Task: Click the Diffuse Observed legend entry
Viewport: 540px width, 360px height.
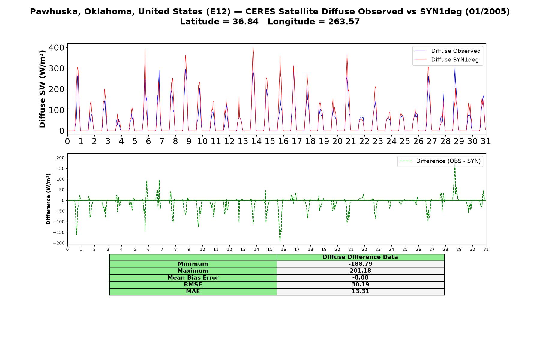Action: click(x=448, y=51)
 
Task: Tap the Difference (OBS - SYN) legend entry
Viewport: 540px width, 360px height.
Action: click(x=440, y=161)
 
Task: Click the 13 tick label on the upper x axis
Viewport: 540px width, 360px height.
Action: click(x=243, y=141)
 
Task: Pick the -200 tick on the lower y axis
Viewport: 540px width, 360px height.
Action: click(x=59, y=243)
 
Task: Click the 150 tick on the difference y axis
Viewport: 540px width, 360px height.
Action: click(x=61, y=168)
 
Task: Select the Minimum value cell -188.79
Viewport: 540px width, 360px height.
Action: click(x=360, y=264)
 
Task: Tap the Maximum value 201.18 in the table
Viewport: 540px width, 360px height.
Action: click(x=360, y=271)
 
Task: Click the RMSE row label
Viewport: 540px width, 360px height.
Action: click(x=193, y=285)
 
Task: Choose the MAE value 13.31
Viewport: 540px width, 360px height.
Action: click(x=360, y=292)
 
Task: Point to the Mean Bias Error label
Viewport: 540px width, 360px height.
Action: click(x=193, y=278)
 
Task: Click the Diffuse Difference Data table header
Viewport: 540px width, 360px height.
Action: click(x=360, y=257)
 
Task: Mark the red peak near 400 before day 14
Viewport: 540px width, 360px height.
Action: click(x=253, y=47)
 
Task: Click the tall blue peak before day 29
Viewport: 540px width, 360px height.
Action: click(x=455, y=67)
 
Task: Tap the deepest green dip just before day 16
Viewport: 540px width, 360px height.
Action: click(x=280, y=240)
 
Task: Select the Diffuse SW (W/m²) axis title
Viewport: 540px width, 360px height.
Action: click(x=43, y=89)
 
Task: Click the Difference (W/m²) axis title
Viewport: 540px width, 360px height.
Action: click(x=48, y=199)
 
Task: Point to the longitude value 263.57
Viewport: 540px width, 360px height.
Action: click(x=344, y=22)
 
